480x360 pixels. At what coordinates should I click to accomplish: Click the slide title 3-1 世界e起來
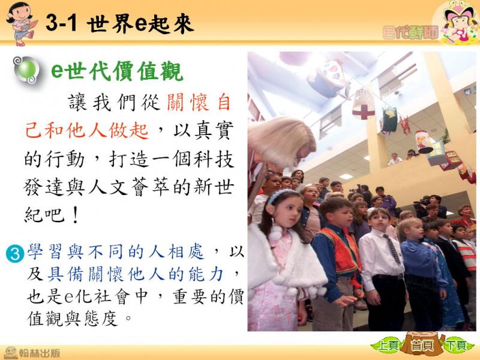[x=119, y=23]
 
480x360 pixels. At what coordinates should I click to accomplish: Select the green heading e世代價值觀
[x=117, y=71]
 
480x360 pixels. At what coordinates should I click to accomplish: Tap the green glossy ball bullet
[x=27, y=69]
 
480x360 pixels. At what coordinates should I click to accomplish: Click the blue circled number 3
[x=14, y=254]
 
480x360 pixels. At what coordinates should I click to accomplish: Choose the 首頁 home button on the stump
[x=422, y=346]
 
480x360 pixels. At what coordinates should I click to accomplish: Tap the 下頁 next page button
[x=456, y=346]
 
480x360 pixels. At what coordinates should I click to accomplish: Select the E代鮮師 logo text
[x=410, y=33]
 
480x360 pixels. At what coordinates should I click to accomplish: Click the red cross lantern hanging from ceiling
[x=364, y=104]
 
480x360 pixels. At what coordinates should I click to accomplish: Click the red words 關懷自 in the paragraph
[x=199, y=102]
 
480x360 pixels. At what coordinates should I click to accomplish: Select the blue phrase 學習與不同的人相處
[x=115, y=251]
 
